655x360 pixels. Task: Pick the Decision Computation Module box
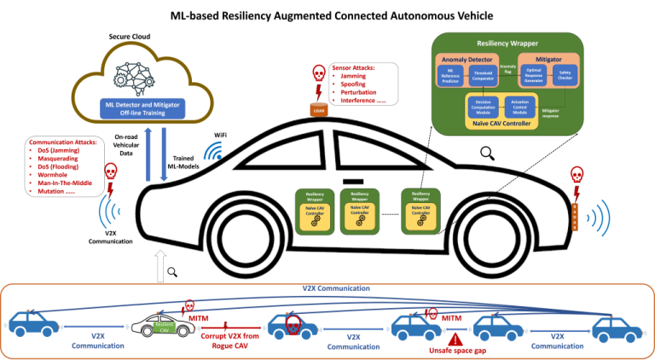[483, 107]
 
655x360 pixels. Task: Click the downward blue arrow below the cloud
[163, 154]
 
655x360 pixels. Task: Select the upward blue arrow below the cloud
[148, 154]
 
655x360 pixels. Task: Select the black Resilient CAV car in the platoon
[159, 326]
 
